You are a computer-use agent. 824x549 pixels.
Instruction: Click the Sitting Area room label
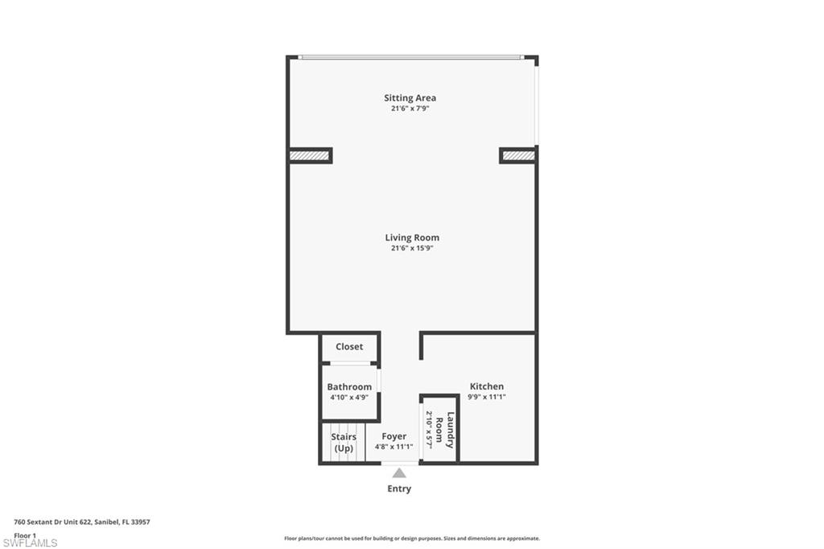410,98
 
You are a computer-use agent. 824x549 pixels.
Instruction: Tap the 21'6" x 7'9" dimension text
410,109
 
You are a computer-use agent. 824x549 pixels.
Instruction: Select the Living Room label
412,237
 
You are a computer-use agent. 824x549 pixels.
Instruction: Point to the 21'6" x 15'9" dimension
412,249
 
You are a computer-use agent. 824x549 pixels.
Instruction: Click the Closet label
349,347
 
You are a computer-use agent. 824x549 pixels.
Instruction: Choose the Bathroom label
349,387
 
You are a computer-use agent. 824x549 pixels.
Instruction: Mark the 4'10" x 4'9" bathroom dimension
349,398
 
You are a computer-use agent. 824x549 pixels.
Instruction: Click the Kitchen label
487,387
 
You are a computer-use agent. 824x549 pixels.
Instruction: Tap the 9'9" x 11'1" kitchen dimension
487,398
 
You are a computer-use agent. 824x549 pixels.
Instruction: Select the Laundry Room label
445,430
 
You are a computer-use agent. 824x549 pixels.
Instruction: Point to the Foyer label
394,437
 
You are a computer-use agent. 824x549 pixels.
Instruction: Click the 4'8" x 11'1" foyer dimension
394,448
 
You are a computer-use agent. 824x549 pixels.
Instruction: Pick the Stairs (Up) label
344,442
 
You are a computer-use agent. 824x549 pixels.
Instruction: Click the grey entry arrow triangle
399,473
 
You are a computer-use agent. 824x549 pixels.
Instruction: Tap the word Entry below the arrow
399,489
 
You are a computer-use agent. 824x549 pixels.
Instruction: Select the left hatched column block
310,155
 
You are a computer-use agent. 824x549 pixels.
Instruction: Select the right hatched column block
518,155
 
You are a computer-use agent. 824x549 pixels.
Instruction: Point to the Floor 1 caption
25,535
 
